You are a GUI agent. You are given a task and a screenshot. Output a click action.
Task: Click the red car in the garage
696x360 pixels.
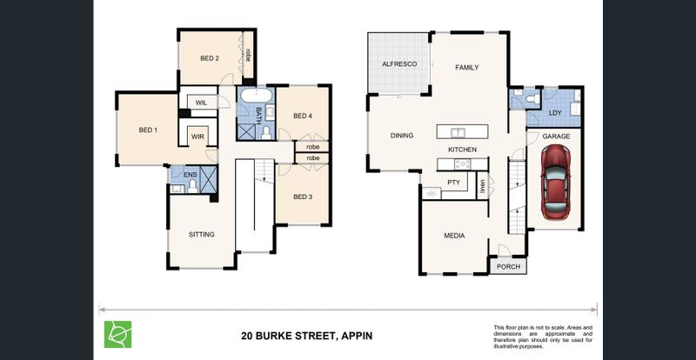(555, 182)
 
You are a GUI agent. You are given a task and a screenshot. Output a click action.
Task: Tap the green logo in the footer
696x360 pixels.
(117, 334)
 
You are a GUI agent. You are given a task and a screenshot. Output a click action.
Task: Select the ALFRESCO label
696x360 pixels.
(399, 64)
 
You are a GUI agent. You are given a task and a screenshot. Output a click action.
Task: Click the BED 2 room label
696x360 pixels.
(210, 58)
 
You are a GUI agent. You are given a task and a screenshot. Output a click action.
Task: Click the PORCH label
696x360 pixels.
(508, 267)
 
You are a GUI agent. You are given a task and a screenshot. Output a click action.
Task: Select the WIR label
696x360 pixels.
(197, 137)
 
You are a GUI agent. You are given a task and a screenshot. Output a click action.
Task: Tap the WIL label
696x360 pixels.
(201, 103)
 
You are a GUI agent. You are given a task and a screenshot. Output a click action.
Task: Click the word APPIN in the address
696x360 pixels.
(356, 336)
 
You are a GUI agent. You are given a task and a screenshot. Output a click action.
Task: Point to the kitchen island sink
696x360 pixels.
(456, 132)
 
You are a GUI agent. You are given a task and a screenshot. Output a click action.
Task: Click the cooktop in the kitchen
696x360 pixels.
(462, 164)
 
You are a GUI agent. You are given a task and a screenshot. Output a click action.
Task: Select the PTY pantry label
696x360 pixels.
(453, 182)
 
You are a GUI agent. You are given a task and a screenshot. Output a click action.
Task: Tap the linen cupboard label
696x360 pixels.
(482, 188)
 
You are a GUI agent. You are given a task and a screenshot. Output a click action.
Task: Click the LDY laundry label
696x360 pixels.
(555, 113)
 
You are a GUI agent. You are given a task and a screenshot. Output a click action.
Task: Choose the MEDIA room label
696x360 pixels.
(454, 236)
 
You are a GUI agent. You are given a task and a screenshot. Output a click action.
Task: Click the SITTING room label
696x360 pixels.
(202, 235)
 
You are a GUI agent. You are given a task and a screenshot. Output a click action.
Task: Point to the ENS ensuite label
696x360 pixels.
(190, 175)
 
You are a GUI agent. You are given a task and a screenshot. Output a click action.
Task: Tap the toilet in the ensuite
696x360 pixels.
(192, 186)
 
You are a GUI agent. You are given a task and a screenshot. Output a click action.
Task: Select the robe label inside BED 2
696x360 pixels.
(248, 55)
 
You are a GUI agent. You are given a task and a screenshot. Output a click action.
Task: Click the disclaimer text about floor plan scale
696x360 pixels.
(543, 337)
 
